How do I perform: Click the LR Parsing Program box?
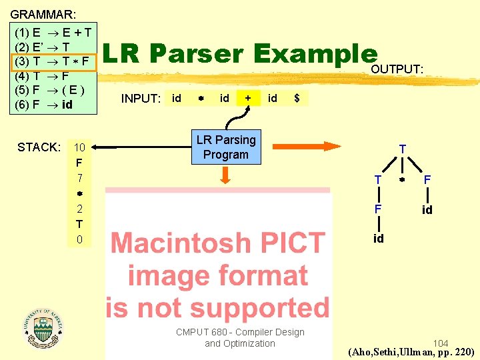pyautogui.click(x=225, y=147)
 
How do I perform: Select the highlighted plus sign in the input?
pyautogui.click(x=248, y=98)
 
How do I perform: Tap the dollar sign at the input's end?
pyautogui.click(x=297, y=98)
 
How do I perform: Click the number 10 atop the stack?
pyautogui.click(x=79, y=147)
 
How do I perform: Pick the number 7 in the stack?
pyautogui.click(x=79, y=178)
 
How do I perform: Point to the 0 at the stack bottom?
pyautogui.click(x=79, y=239)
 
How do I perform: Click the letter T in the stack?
pyautogui.click(x=79, y=224)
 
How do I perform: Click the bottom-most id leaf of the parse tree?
pyautogui.click(x=378, y=239)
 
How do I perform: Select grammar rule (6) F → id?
pyautogui.click(x=43, y=104)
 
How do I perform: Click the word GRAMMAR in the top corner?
pyautogui.click(x=43, y=13)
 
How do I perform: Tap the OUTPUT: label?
pyautogui.click(x=397, y=69)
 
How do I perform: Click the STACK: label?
pyautogui.click(x=39, y=147)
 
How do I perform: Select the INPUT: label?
pyautogui.click(x=141, y=99)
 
